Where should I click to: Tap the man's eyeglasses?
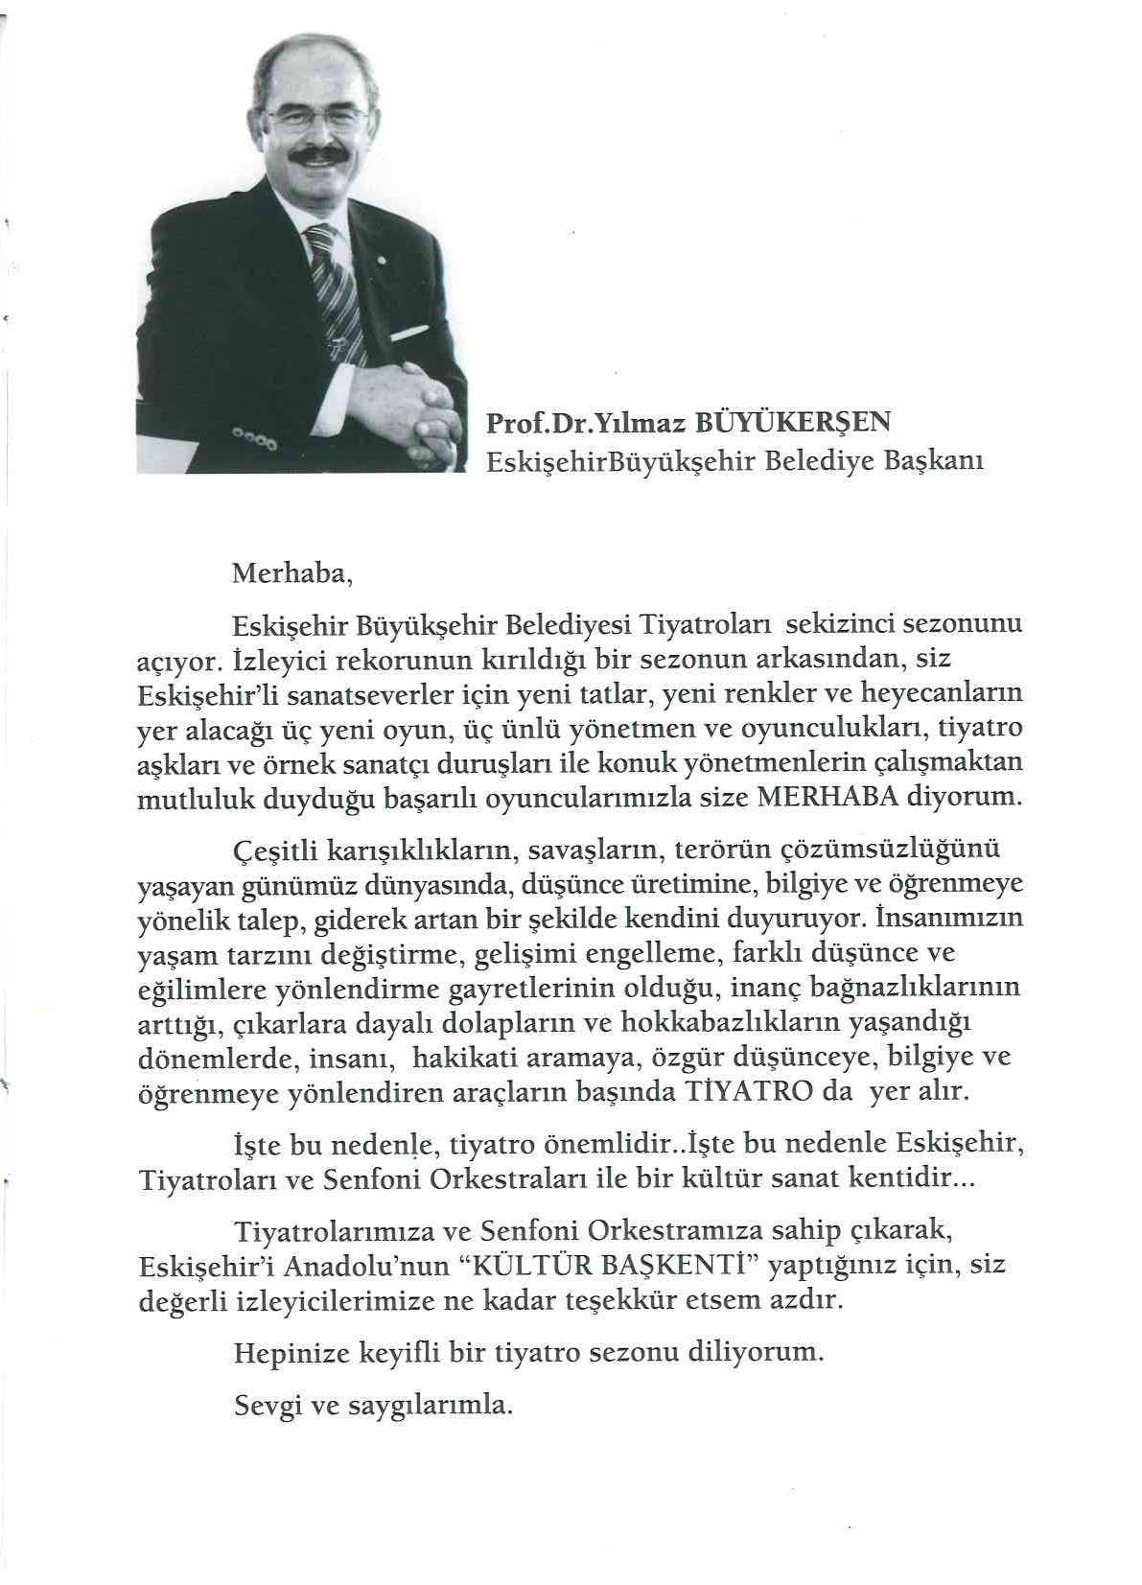click(317, 118)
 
